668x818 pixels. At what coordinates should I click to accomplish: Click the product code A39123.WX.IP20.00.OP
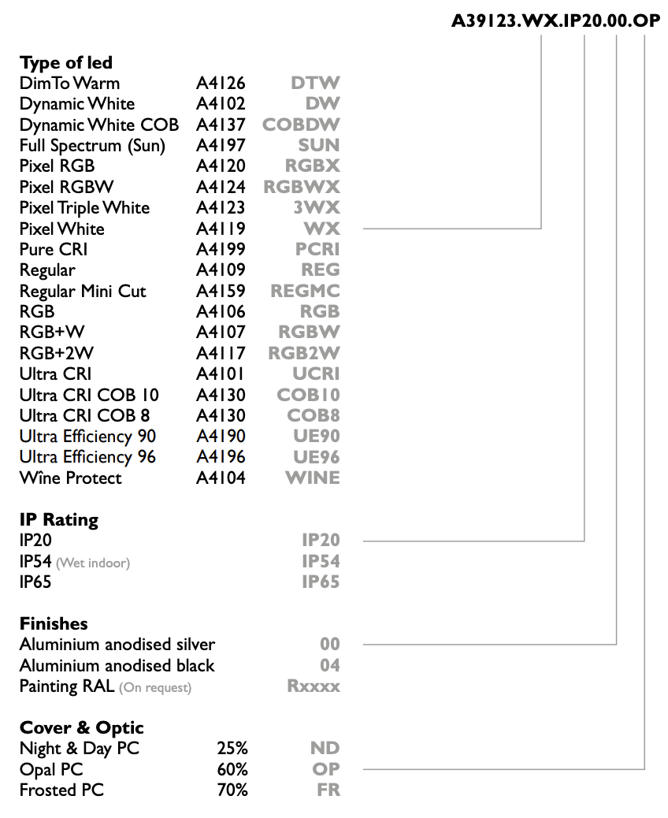pos(556,20)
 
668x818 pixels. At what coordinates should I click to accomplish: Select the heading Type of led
pos(66,62)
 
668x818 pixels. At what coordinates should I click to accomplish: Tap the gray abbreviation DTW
pos(315,83)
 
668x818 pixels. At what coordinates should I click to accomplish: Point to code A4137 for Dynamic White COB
pos(221,125)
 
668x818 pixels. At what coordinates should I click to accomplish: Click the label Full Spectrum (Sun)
pos(92,146)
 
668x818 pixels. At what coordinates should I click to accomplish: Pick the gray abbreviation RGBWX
pos(302,187)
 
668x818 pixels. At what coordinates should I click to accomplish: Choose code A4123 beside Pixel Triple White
pos(221,207)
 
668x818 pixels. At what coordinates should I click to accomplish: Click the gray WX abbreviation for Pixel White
pos(321,229)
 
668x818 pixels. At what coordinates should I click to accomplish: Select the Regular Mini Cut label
pos(83,291)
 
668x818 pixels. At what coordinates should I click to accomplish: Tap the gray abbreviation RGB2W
pos(304,353)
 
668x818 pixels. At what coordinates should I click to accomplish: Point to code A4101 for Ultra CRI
pos(220,374)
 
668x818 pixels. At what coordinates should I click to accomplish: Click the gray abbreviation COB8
pos(314,416)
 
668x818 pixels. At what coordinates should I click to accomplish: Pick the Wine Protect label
pos(70,478)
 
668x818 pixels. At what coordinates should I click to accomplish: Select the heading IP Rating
pos(59,519)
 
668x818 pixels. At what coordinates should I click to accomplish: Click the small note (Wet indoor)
pos(93,563)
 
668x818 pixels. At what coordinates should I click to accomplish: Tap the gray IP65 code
pos(321,582)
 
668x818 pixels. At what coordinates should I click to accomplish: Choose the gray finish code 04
pos(330,665)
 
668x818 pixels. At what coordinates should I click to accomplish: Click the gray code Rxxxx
pos(314,686)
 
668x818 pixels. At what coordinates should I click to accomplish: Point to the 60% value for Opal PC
pos(232,769)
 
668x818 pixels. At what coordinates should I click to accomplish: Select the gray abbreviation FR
pos(328,790)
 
